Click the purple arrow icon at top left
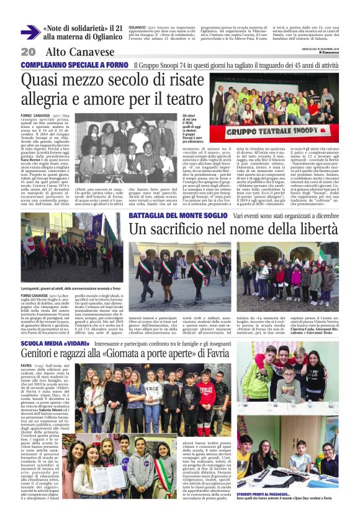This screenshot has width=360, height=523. (x=30, y=32)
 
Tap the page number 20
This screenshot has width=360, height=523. (x=27, y=52)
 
